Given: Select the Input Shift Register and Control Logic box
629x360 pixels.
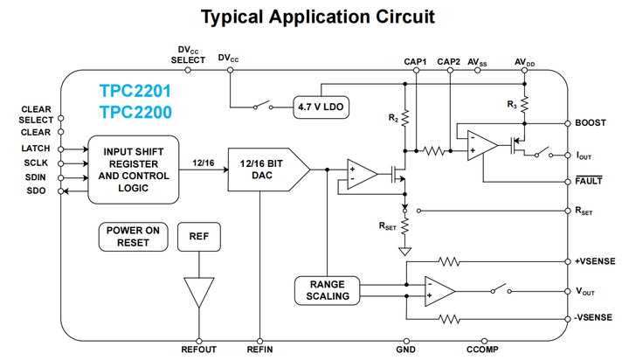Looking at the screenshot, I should click(134, 170).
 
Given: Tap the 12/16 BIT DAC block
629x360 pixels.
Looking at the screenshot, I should click(263, 170).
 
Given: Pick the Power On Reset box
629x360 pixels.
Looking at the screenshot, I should click(133, 236).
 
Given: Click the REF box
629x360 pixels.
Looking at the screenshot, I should click(199, 236).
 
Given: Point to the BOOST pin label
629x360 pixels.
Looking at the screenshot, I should click(590, 123).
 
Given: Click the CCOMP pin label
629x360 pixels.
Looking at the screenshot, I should click(494, 350).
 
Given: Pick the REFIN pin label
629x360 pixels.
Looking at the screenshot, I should click(260, 350).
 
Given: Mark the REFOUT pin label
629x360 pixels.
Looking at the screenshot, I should click(199, 350).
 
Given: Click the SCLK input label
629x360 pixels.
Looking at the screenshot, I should click(38, 163).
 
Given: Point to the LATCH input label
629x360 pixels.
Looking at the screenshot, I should click(37, 149).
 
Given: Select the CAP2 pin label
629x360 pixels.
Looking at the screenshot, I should click(449, 61).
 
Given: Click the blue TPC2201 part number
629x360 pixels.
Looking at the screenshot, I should click(135, 91).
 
